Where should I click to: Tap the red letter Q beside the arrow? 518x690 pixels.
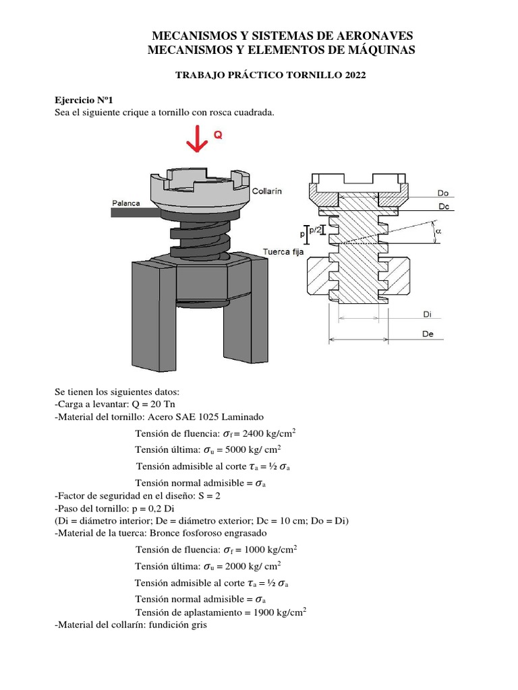coord(218,135)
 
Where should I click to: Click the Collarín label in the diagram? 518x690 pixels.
coord(266,191)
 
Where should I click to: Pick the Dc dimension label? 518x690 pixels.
coord(444,207)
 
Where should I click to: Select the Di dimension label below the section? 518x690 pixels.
coord(427,314)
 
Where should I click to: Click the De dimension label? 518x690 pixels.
coord(428,334)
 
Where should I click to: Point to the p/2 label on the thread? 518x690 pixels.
coord(314,230)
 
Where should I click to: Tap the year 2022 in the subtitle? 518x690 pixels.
coord(354,75)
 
